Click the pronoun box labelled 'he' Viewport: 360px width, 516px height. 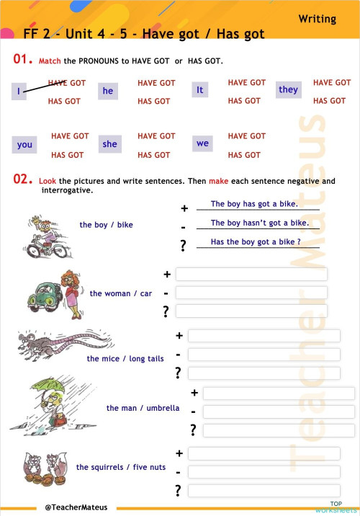click(x=108, y=92)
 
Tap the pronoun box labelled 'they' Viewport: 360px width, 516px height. click(x=288, y=89)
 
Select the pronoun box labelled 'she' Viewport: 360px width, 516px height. click(x=109, y=144)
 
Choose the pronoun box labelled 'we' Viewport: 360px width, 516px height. click(x=202, y=143)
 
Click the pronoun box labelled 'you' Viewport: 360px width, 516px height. click(x=24, y=145)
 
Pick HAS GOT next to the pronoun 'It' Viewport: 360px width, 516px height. click(x=244, y=101)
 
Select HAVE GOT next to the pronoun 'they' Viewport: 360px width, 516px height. click(x=332, y=83)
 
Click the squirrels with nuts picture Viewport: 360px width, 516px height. click(x=40, y=468)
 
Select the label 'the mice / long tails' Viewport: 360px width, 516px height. click(x=125, y=359)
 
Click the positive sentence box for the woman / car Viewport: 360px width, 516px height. click(x=251, y=275)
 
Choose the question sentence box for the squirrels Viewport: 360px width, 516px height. click(x=264, y=491)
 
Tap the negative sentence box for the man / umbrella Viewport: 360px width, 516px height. click(x=279, y=412)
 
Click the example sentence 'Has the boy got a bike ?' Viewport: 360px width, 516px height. click(x=256, y=242)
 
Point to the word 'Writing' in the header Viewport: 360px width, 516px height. click(x=318, y=19)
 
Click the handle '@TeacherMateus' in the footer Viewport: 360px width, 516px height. click(x=76, y=507)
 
